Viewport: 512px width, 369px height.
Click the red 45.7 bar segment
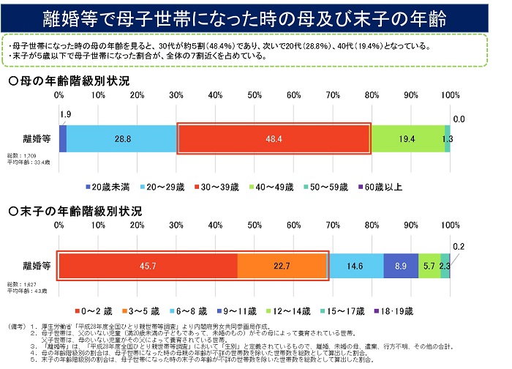point(148,266)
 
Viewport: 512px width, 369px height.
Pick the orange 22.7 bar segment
point(282,266)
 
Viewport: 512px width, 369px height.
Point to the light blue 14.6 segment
point(355,266)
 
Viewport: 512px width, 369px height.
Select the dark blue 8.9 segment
point(401,266)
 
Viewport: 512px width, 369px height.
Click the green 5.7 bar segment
point(428,266)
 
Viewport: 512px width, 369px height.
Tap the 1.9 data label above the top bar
point(65,114)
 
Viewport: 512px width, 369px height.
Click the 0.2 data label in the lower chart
point(458,246)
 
